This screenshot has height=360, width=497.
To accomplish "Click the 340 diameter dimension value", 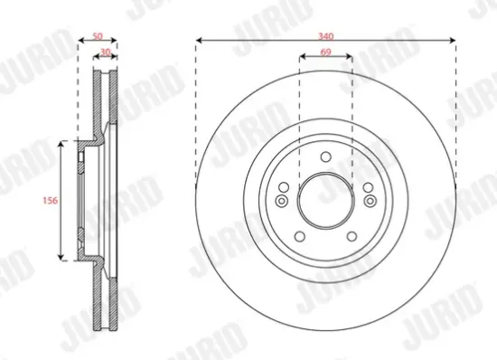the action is pyautogui.click(x=326, y=36).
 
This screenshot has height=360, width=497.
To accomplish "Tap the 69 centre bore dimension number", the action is pyautogui.click(x=326, y=52).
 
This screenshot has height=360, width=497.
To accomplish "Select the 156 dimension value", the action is pyautogui.click(x=51, y=201).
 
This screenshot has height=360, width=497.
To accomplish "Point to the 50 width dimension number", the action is pyautogui.click(x=98, y=36).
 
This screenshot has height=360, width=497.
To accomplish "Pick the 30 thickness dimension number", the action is pyautogui.click(x=106, y=52).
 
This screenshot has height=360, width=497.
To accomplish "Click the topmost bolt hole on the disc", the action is pyautogui.click(x=326, y=156).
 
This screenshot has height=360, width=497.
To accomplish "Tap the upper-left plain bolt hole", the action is pyautogui.click(x=284, y=187).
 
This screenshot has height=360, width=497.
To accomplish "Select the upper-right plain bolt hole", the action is pyautogui.click(x=368, y=187).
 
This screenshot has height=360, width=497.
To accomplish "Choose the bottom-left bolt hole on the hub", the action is pyautogui.click(x=300, y=237).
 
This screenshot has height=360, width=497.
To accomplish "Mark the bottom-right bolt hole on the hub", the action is pyautogui.click(x=352, y=237).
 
